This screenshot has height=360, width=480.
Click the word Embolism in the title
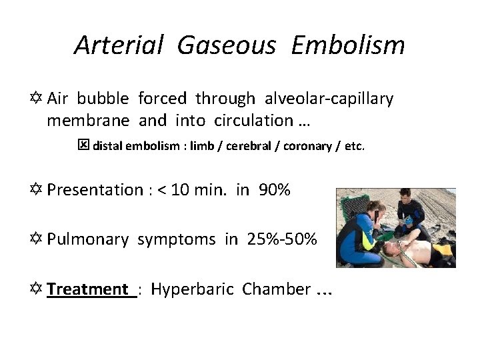pos(348,45)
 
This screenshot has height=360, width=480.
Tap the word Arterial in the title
pos(119,45)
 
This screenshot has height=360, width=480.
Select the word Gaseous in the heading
pos(227,45)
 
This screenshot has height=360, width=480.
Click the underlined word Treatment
pos(88,289)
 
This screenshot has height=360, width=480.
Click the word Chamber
pos(276,289)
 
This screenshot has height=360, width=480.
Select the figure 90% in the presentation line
pos(274,190)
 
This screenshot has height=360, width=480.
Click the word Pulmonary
pos(88,239)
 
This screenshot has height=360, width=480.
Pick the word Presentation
pos(95,190)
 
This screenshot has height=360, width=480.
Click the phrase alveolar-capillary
pos(329,99)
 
